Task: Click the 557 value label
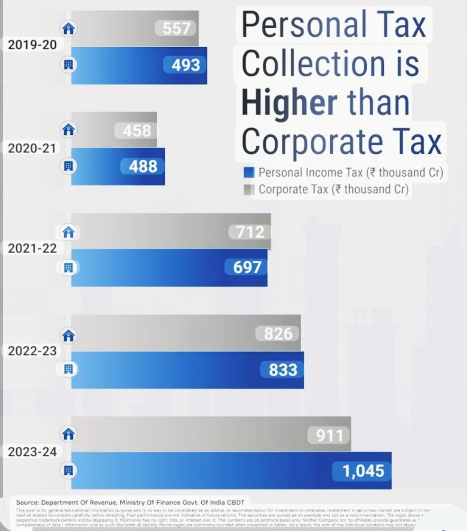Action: pyautogui.click(x=177, y=29)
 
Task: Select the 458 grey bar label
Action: pyautogui.click(x=137, y=130)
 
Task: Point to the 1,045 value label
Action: pyautogui.click(x=363, y=471)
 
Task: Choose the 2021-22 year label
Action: pyautogui.click(x=32, y=248)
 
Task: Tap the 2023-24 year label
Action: pyautogui.click(x=32, y=452)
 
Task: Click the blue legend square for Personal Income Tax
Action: pyautogui.click(x=249, y=173)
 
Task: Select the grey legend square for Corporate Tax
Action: pyautogui.click(x=249, y=190)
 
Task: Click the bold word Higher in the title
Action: pyautogui.click(x=289, y=102)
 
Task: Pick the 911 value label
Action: pyautogui.click(x=329, y=435)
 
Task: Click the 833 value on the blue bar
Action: pyautogui.click(x=283, y=370)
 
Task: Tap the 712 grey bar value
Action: pyautogui.click(x=250, y=232)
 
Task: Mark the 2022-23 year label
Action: pyautogui.click(x=32, y=351)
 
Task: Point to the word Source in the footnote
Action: pyautogui.click(x=27, y=502)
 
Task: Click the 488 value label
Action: pyautogui.click(x=143, y=166)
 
